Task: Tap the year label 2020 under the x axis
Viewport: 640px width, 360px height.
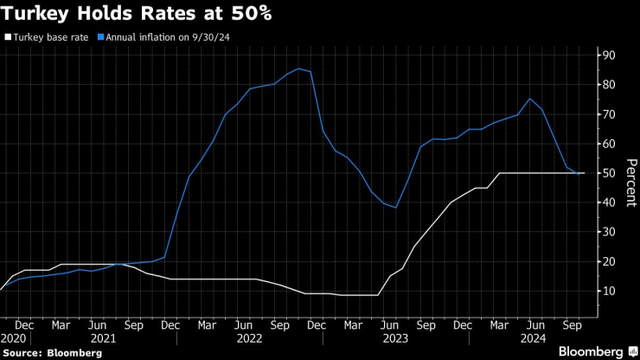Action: (x=13, y=339)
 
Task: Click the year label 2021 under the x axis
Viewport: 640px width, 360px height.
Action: (x=104, y=339)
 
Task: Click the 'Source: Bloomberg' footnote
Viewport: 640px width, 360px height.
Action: (x=52, y=353)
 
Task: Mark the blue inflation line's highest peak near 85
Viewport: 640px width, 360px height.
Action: (x=298, y=68)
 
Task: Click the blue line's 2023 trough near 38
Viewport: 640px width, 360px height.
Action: (x=395, y=208)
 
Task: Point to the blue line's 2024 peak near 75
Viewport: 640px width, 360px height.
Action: (x=529, y=98)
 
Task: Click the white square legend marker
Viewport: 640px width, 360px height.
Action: (x=8, y=37)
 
